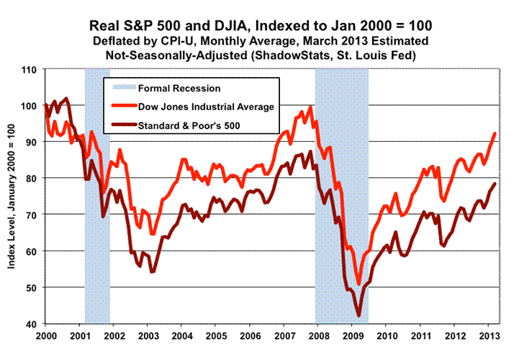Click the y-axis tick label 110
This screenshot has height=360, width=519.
[29, 70]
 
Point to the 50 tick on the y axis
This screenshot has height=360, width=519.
[31, 287]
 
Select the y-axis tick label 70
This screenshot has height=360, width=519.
[31, 215]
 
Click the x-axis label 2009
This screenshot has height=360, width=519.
[353, 336]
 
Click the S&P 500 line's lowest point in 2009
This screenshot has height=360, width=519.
[359, 315]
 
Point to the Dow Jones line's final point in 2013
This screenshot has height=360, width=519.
[495, 133]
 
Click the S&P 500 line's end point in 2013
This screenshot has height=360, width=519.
[495, 184]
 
